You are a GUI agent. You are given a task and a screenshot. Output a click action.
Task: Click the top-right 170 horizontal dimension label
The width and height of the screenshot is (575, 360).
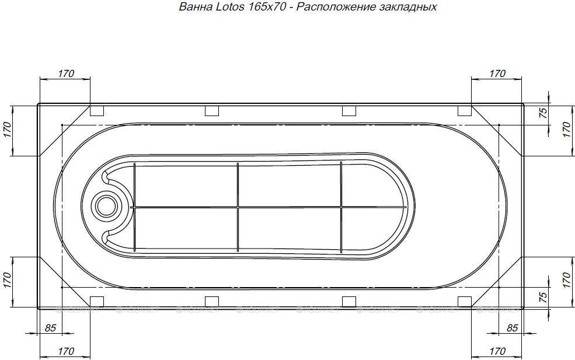click(x=497, y=74)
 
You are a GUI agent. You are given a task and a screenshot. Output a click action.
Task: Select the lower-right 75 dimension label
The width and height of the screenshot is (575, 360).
click(x=542, y=297)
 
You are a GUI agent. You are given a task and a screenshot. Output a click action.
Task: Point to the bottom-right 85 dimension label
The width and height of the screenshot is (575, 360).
click(x=512, y=328)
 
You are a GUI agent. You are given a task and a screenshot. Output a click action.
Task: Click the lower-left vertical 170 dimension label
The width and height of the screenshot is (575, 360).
click(x=8, y=282)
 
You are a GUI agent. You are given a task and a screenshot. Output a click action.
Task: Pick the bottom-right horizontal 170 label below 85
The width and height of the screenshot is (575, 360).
click(x=497, y=351)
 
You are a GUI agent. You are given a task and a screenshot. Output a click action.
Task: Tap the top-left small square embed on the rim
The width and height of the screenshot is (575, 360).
click(x=97, y=110)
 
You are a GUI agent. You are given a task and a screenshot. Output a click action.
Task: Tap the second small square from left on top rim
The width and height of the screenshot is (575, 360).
click(x=212, y=110)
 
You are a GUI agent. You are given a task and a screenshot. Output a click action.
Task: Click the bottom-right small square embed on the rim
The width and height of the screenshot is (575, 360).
click(x=465, y=301)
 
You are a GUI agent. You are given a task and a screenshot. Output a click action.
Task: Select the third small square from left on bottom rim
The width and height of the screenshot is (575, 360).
click(x=349, y=301)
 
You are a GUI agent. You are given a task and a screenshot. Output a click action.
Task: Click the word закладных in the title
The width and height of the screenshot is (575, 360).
click(x=412, y=8)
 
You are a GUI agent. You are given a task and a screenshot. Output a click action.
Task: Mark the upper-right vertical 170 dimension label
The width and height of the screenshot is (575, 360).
click(x=565, y=130)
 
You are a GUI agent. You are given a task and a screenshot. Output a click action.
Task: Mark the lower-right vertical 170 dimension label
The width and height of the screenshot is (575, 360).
click(x=565, y=282)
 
